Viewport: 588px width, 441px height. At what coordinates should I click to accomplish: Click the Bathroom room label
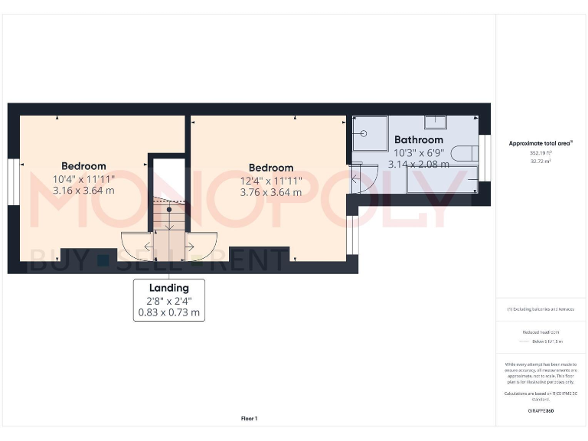418,139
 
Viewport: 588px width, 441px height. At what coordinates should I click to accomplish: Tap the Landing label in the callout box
168,288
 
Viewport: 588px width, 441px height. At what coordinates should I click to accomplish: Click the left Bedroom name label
83,166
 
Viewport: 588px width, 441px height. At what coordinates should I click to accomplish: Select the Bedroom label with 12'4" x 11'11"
271,168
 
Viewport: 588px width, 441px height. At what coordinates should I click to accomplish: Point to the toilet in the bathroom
465,154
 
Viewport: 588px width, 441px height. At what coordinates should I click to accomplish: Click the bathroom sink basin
437,122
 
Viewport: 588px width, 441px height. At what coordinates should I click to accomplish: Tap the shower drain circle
364,133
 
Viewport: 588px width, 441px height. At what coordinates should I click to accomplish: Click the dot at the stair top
169,208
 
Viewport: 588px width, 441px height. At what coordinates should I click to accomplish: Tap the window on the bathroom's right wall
483,150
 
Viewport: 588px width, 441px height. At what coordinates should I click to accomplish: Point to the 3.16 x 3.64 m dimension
83,190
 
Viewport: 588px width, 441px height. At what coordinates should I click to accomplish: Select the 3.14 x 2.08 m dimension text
418,164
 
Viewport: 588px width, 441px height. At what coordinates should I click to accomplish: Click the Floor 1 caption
249,418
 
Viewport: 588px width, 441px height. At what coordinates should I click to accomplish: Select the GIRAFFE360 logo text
541,411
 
